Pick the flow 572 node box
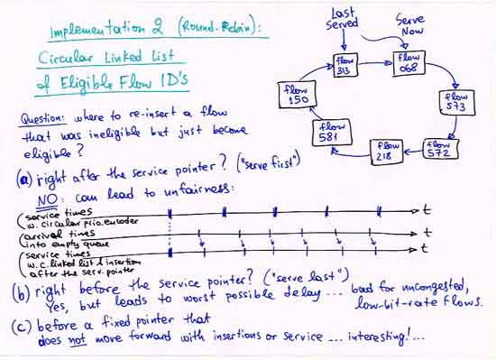(x=438, y=148)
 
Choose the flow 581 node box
(x=330, y=132)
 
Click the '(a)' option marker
(x=24, y=178)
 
